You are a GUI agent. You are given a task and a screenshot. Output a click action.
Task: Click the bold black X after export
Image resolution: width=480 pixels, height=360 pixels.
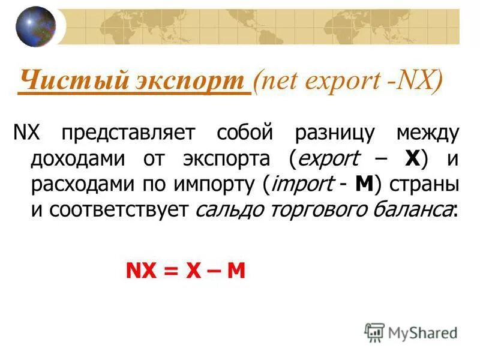tap(412, 159)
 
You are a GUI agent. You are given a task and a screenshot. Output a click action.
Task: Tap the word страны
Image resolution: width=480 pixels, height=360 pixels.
tap(425, 186)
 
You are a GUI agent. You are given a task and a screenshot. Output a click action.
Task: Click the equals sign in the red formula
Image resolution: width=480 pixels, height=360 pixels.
tap(172, 271)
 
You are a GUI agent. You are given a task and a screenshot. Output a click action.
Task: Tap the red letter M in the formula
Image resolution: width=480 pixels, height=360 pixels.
tap(236, 271)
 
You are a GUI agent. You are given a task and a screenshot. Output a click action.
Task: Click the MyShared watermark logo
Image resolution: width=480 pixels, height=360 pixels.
tap(412, 332)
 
